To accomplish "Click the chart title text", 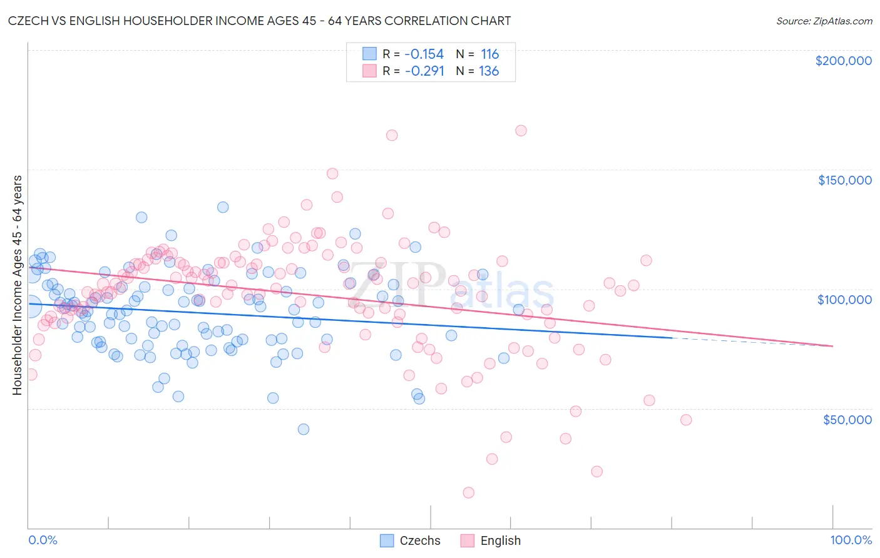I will tap(260, 21).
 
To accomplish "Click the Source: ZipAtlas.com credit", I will tap(824, 21).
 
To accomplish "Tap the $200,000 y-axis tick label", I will tap(843, 61).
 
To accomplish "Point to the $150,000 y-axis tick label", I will tap(844, 180).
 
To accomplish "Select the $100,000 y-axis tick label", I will tap(844, 300).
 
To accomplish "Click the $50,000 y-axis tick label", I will tap(847, 419).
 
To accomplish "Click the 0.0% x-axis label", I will tap(43, 540).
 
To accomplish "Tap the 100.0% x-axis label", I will tap(851, 540).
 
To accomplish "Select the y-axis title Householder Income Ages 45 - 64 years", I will tap(17, 285).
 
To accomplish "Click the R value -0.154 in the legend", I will tap(424, 54).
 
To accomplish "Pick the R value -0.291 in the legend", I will tap(424, 71).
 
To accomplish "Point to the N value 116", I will tap(489, 54).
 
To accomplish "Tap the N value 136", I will tap(489, 71).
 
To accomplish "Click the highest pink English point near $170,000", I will tap(521, 131).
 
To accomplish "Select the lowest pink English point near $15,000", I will tap(468, 492).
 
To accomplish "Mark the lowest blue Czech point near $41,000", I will tap(304, 429).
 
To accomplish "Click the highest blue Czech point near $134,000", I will tap(223, 207).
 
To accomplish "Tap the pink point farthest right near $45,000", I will tap(686, 420).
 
